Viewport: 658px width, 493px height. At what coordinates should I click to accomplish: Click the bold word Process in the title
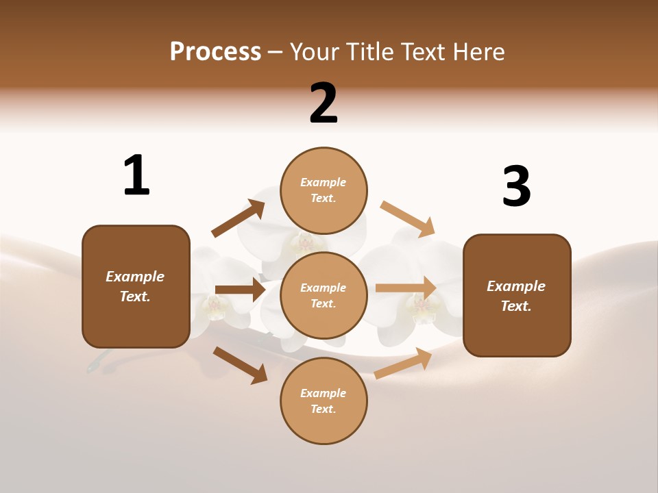[x=215, y=51]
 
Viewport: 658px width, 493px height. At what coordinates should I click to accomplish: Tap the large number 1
[x=136, y=175]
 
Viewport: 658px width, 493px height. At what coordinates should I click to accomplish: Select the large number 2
[x=324, y=103]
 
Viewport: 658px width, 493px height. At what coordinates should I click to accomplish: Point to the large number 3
[x=516, y=186]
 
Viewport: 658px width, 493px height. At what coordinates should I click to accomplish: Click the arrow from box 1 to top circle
[x=239, y=218]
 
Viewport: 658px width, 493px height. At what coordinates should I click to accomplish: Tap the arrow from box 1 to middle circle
[x=240, y=290]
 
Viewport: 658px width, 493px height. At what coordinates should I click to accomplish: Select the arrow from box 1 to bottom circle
[x=240, y=364]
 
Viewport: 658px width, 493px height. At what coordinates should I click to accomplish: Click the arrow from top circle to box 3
[x=408, y=219]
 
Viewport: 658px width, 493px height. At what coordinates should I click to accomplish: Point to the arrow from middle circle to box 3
[x=406, y=288]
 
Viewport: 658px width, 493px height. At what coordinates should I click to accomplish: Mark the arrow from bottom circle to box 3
[x=403, y=363]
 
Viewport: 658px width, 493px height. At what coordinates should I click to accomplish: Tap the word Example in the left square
[x=135, y=277]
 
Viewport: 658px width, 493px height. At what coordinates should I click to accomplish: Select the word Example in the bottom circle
[x=323, y=393]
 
